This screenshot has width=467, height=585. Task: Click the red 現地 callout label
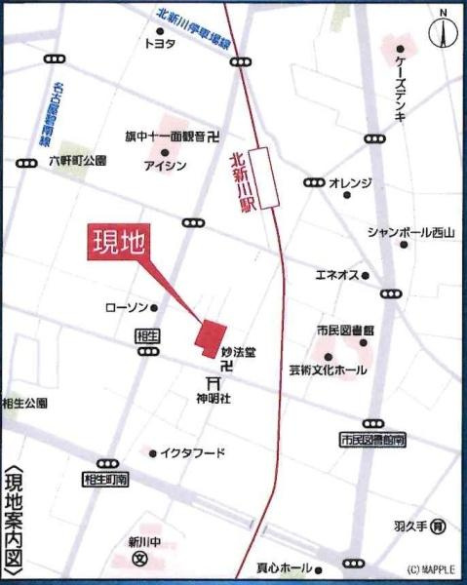pyautogui.click(x=118, y=243)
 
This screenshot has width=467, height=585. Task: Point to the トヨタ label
pyautogui.click(x=159, y=44)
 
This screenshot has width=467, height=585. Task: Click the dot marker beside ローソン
pyautogui.click(x=154, y=308)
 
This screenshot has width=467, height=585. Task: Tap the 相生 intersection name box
pyautogui.click(x=148, y=334)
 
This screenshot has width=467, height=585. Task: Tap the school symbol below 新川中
pyautogui.click(x=139, y=560)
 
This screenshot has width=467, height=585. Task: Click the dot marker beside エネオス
pyautogui.click(x=366, y=276)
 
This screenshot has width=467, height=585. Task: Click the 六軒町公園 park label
pyautogui.click(x=77, y=159)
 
